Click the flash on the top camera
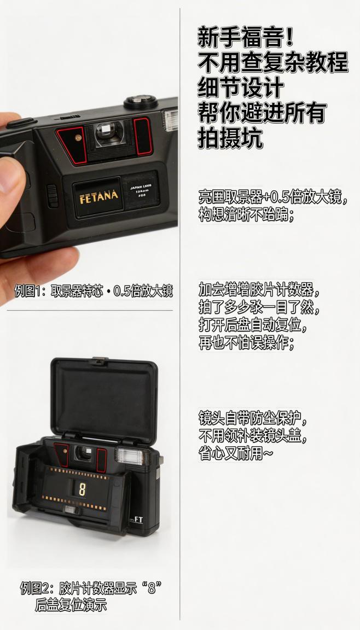[x=170, y=120]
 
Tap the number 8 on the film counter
[x=82, y=489]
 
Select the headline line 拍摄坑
[x=230, y=138]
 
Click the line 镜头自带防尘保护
[x=252, y=419]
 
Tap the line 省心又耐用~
[x=235, y=453]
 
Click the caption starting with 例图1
[x=92, y=290]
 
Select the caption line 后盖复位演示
[x=71, y=605]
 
